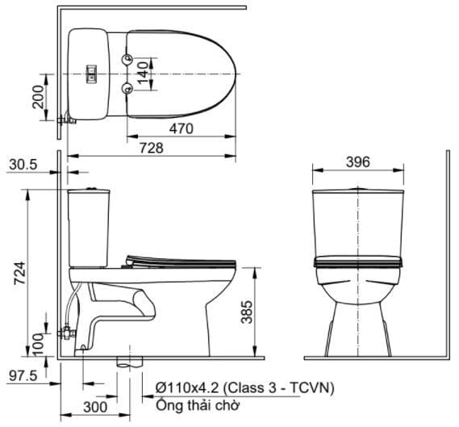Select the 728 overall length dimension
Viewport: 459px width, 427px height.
coord(151,148)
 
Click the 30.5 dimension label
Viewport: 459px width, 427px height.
coord(24,164)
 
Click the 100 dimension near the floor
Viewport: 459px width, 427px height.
coord(38,341)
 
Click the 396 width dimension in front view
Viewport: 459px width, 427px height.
coord(357,162)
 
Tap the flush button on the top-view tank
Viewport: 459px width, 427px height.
coord(91,74)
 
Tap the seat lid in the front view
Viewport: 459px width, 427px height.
coord(357,262)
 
